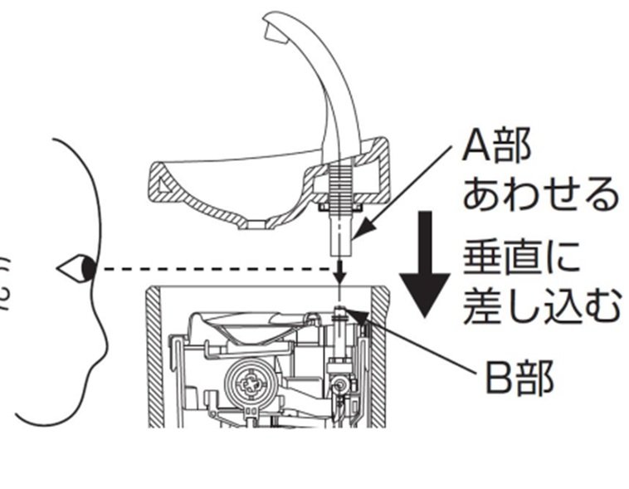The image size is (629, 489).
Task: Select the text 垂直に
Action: [521, 260]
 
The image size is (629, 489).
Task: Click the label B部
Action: [519, 380]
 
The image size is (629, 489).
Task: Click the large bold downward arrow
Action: [426, 266]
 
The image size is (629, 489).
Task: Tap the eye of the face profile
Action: [85, 268]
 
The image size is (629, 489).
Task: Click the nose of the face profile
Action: [65, 268]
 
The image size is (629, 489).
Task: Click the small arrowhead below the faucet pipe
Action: [339, 277]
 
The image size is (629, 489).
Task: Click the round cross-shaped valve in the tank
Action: [248, 383]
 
